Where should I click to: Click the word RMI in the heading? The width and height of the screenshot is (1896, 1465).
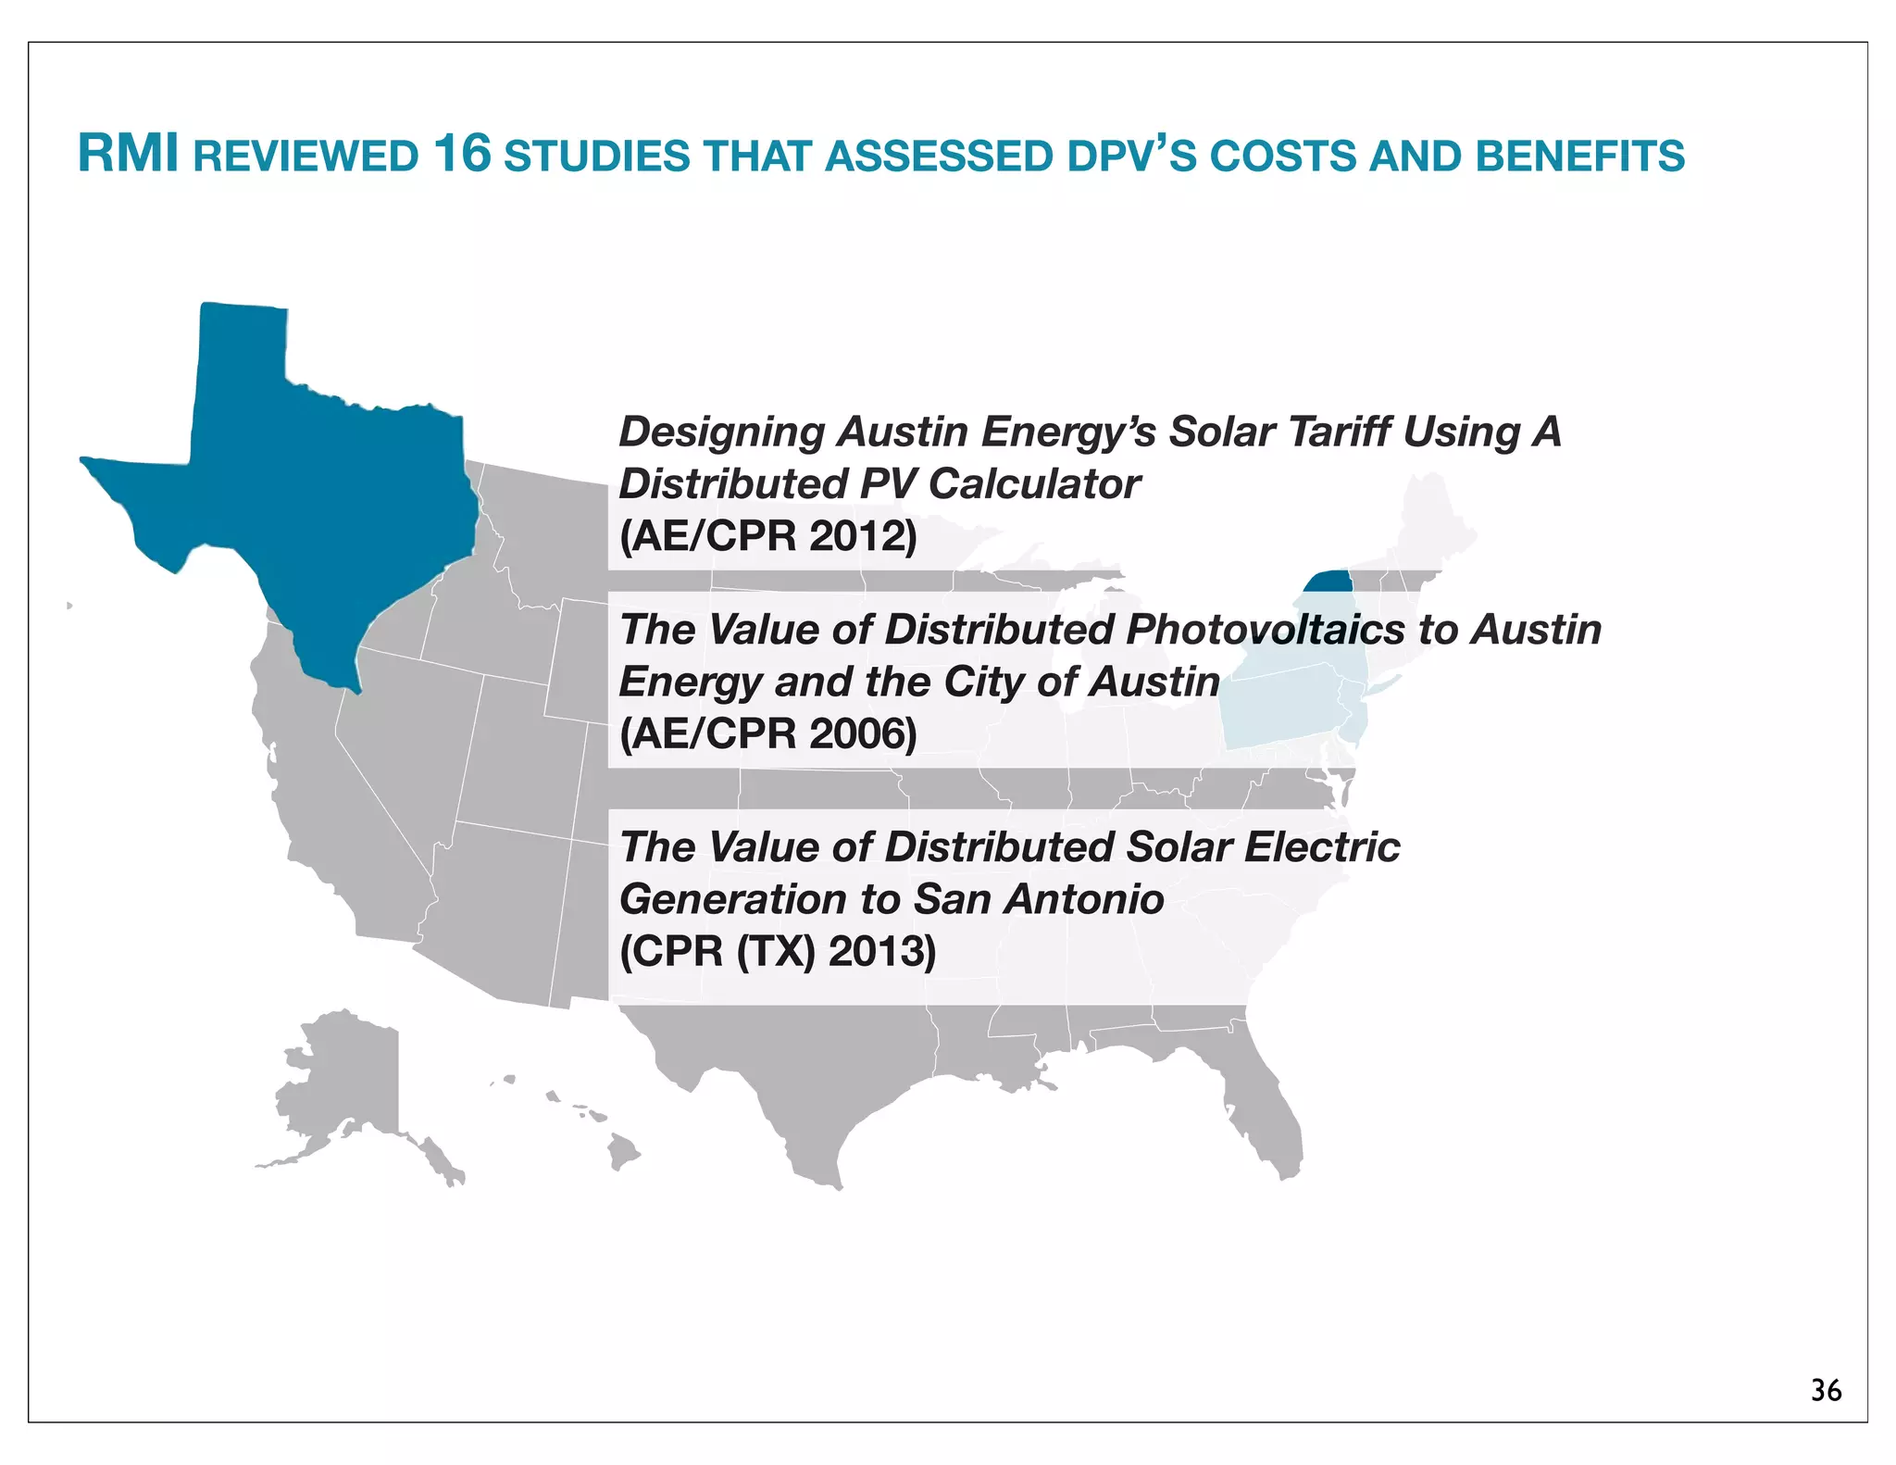[x=128, y=154]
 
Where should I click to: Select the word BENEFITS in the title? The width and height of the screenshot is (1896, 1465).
[x=1579, y=156]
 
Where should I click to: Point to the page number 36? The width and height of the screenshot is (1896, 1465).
[x=1826, y=1390]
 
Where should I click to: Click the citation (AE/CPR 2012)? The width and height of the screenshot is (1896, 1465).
[x=767, y=536]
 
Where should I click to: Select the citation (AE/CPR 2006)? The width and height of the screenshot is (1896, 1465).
[x=767, y=733]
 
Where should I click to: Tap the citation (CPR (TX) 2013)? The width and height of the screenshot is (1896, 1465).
[x=778, y=951]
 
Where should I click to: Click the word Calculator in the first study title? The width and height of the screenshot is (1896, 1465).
[x=1034, y=484]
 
